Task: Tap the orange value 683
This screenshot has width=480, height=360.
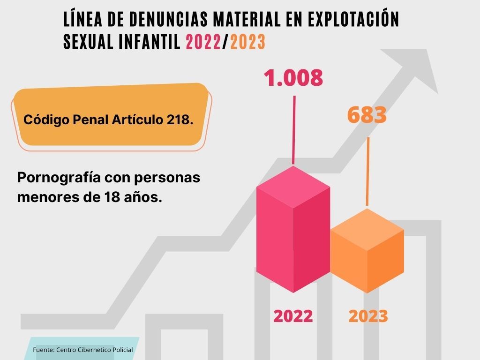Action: [367, 115]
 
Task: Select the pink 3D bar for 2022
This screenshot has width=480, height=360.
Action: [293, 230]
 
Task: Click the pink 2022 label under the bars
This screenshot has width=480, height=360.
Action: [293, 316]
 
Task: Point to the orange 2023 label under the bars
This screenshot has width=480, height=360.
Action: [368, 316]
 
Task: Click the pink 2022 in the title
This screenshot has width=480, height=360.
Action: [203, 42]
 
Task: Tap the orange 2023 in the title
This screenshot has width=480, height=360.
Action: [248, 42]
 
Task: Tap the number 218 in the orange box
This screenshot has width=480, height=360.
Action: [180, 120]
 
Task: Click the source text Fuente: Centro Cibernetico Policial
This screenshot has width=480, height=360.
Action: [83, 350]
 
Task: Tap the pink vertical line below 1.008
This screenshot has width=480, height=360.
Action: [294, 129]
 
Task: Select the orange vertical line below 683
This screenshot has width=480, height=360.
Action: [368, 171]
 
